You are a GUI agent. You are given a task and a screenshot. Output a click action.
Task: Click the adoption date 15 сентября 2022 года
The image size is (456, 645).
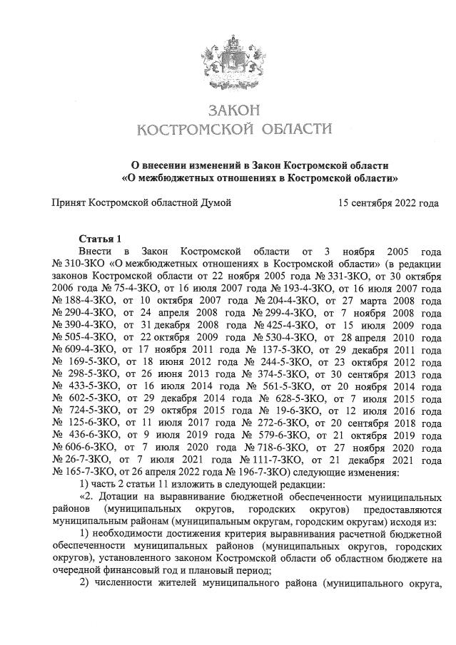[x=389, y=203]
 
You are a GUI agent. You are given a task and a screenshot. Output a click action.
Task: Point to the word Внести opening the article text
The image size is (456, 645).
[x=95, y=251]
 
